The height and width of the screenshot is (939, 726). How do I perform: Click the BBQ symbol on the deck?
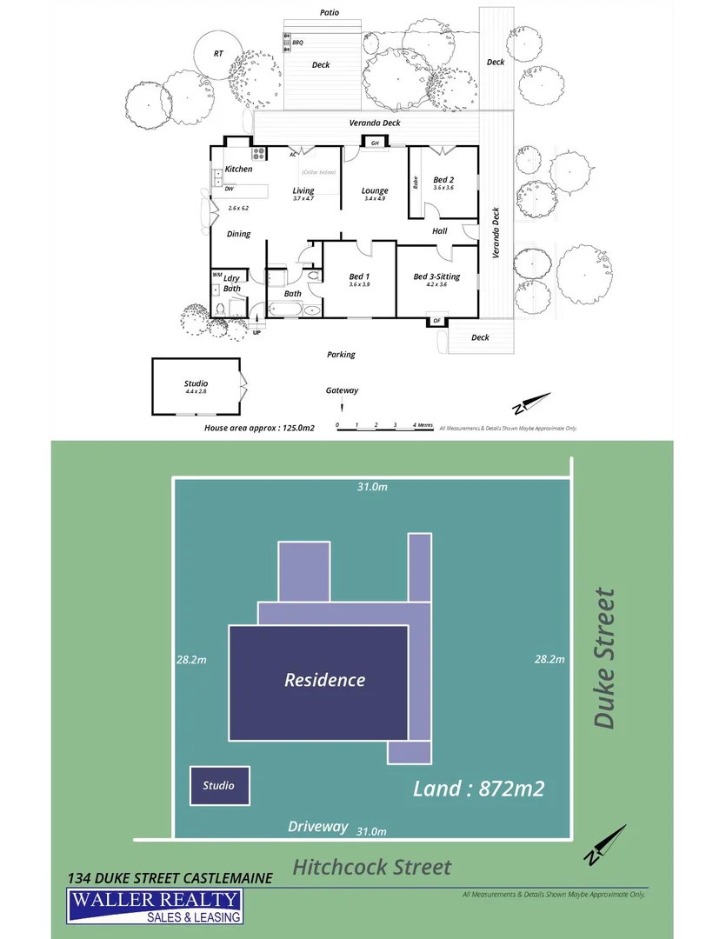tap(286, 42)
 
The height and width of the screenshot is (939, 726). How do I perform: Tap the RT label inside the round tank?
tap(218, 54)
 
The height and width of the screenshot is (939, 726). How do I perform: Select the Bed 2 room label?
tap(444, 181)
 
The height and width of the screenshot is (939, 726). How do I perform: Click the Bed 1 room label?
tap(359, 277)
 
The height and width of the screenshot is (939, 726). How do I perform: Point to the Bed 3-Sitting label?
tap(436, 277)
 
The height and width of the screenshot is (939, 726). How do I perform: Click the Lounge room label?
tap(376, 191)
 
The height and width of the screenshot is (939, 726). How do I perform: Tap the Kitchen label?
tap(238, 169)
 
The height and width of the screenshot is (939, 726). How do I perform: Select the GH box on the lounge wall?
tap(376, 143)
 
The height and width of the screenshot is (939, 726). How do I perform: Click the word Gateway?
tap(342, 390)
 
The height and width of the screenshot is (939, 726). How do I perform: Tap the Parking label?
tap(341, 355)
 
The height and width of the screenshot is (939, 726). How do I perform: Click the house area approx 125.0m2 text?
tap(258, 428)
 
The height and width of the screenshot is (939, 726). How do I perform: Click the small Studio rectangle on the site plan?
tap(219, 786)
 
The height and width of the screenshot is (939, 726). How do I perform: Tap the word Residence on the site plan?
tap(324, 680)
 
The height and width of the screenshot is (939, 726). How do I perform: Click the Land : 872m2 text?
tap(478, 789)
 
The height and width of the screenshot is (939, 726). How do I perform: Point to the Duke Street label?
tap(604, 658)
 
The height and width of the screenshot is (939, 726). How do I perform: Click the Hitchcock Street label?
tap(371, 867)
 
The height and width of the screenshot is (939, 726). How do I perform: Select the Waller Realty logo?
tap(156, 906)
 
